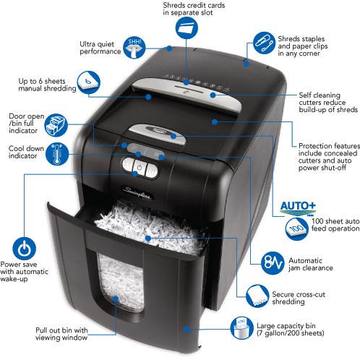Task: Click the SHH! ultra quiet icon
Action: [x=134, y=48]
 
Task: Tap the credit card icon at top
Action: [x=187, y=27]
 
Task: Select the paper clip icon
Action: [x=264, y=43]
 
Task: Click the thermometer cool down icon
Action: [x=57, y=154]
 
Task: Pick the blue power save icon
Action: [x=24, y=249]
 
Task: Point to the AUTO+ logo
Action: [x=298, y=207]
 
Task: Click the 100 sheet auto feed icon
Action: [x=296, y=228]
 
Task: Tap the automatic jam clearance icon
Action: [x=273, y=262]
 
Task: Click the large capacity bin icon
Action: [x=241, y=328]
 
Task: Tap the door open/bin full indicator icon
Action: [x=56, y=125]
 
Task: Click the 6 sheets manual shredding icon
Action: [x=88, y=82]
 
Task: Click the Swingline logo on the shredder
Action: [x=137, y=193]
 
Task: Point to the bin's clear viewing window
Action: [x=121, y=283]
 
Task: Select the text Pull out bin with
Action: [x=61, y=330]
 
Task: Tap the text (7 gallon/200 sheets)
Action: [x=290, y=333]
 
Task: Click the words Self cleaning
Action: [x=320, y=95]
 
